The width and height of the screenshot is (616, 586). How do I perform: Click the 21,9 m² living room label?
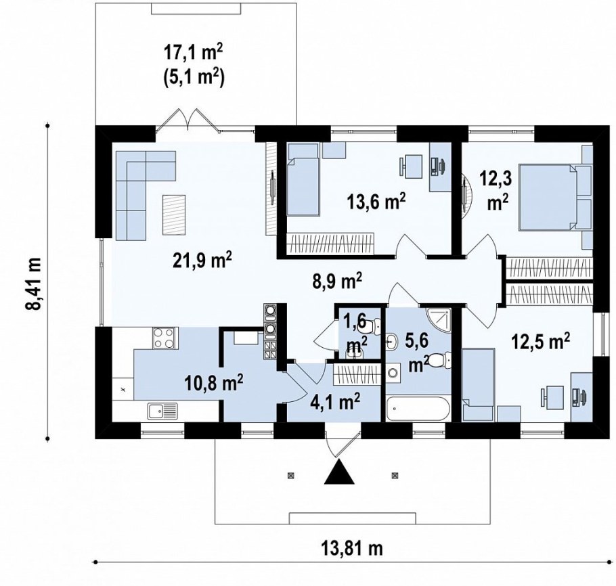(x=202, y=261)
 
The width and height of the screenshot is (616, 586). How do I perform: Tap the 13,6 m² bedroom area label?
(x=376, y=202)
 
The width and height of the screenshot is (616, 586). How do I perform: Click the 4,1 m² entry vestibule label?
(x=334, y=402)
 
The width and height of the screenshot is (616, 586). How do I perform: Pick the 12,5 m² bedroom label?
(x=540, y=342)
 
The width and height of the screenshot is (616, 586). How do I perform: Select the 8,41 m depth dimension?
(x=33, y=284)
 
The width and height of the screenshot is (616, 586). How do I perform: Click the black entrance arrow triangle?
(x=339, y=472)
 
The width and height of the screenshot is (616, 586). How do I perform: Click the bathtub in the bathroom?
(x=417, y=409)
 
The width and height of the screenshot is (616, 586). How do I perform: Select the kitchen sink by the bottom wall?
(x=162, y=411)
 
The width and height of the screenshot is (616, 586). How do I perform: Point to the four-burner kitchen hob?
(x=164, y=338)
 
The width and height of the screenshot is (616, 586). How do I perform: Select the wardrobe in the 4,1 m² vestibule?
(x=357, y=375)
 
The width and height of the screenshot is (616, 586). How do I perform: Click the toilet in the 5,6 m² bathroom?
(x=439, y=360)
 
